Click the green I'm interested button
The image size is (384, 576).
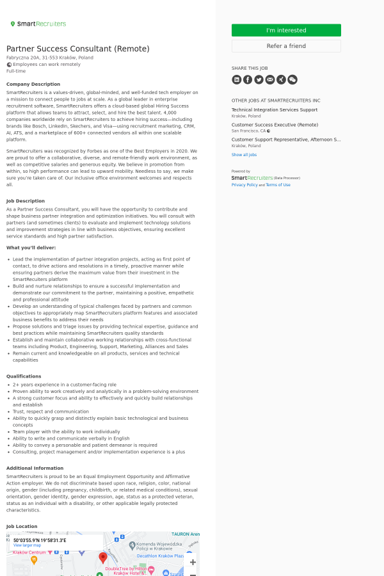coord(286,30)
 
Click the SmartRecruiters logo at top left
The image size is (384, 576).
coord(38,24)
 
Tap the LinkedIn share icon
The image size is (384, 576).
coord(237,79)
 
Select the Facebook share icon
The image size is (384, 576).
coord(248,79)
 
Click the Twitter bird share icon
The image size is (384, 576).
coord(259,79)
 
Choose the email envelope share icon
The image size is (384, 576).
coord(270,79)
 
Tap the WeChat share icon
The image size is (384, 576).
coord(292,79)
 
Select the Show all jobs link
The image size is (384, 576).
coord(244,154)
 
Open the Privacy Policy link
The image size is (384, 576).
coord(244,184)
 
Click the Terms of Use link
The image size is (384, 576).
coord(278,184)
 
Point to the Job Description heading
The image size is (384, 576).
coord(26,201)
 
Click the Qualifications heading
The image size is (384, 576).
coord(24,376)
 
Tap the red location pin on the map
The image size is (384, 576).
coord(103,557)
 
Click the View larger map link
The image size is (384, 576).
coord(27,545)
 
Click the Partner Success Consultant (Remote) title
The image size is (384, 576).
coord(78,49)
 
